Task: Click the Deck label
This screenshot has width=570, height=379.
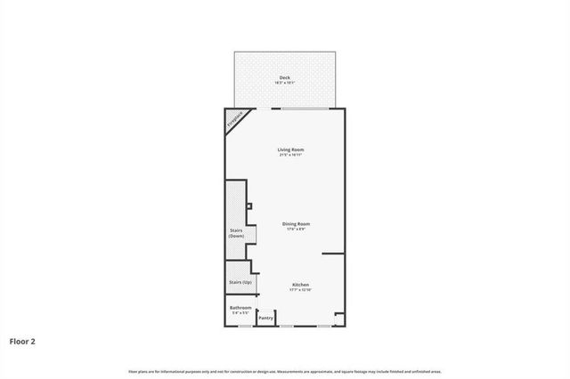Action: click(x=284, y=77)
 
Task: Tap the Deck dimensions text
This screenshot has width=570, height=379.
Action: click(x=284, y=84)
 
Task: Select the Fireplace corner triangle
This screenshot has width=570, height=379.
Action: click(x=234, y=120)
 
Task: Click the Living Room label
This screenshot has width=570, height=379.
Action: click(x=290, y=149)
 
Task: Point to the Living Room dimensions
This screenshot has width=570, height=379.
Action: click(x=290, y=156)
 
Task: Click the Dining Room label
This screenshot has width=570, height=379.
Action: click(x=296, y=223)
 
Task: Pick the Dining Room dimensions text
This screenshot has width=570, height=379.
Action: click(x=296, y=230)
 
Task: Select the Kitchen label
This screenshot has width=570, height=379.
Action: click(x=300, y=285)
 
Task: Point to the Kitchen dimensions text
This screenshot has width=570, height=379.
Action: click(x=300, y=291)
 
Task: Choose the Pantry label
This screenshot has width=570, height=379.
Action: click(x=265, y=318)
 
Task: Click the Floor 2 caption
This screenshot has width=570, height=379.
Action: click(x=23, y=341)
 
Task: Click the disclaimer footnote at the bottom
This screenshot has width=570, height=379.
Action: click(x=284, y=371)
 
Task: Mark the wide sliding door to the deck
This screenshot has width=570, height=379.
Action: click(x=307, y=109)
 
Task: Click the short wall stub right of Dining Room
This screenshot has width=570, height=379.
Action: click(x=333, y=254)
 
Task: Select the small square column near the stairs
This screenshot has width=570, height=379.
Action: click(x=249, y=206)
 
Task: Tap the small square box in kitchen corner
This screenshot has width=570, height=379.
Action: click(x=337, y=315)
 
